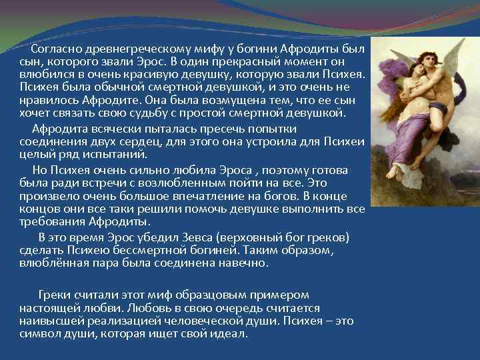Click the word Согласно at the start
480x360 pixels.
(x=53, y=49)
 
